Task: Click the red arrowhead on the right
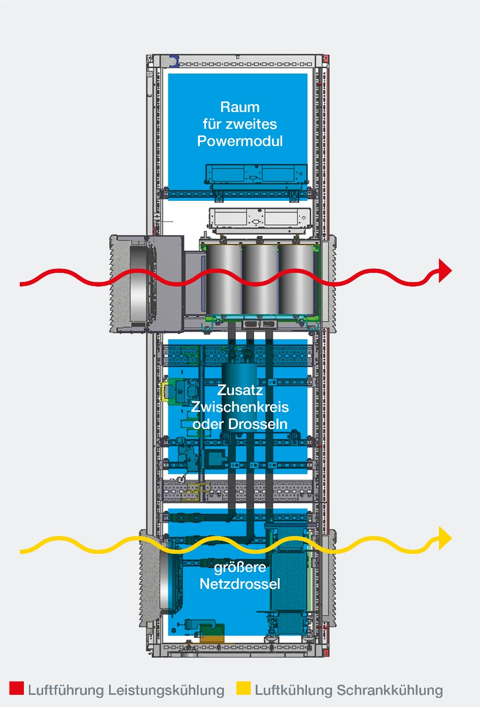pyautogui.click(x=445, y=270)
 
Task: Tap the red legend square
pyautogui.click(x=16, y=688)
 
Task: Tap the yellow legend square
pyautogui.click(x=244, y=688)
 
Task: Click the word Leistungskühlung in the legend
pyautogui.click(x=166, y=690)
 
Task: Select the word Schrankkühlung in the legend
pyautogui.click(x=390, y=690)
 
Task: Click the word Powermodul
pyautogui.click(x=239, y=141)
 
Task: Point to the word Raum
pyautogui.click(x=239, y=107)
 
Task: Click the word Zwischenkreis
pyautogui.click(x=239, y=407)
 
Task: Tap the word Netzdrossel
pyautogui.click(x=239, y=584)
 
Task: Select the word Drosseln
pyautogui.click(x=258, y=424)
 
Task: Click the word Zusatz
pyautogui.click(x=239, y=390)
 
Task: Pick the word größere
pyautogui.click(x=239, y=567)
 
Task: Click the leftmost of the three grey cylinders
pyautogui.click(x=224, y=279)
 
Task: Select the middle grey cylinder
pyautogui.click(x=260, y=279)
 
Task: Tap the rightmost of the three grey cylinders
pyautogui.click(x=296, y=279)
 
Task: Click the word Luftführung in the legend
pyautogui.click(x=65, y=690)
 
